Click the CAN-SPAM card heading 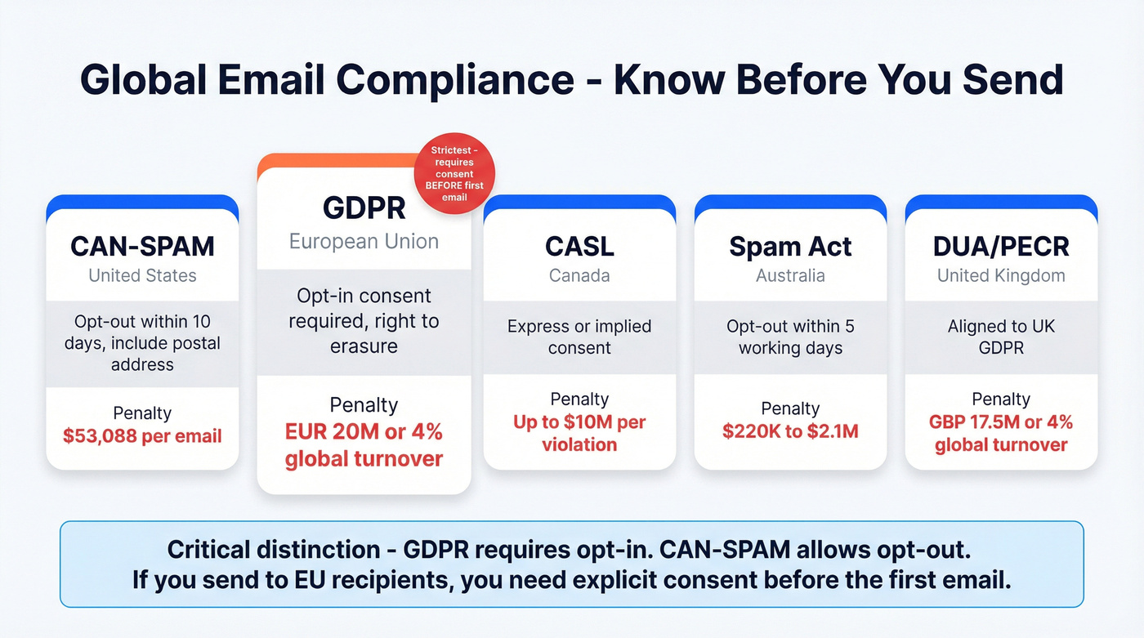[142, 246]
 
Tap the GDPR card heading [364, 207]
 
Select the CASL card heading [579, 246]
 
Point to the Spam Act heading [790, 246]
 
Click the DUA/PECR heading [1001, 246]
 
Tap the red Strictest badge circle [456, 175]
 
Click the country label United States [142, 275]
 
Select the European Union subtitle [364, 242]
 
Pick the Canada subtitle [579, 275]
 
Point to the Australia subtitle [790, 275]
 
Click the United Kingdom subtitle [1001, 275]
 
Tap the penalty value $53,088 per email [142, 435]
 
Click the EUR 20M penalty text [364, 444]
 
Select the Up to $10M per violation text [579, 434]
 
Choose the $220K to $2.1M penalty [790, 431]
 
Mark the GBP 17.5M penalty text [1001, 434]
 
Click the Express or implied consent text [579, 337]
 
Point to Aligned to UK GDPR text [1001, 337]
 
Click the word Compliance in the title [454, 79]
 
